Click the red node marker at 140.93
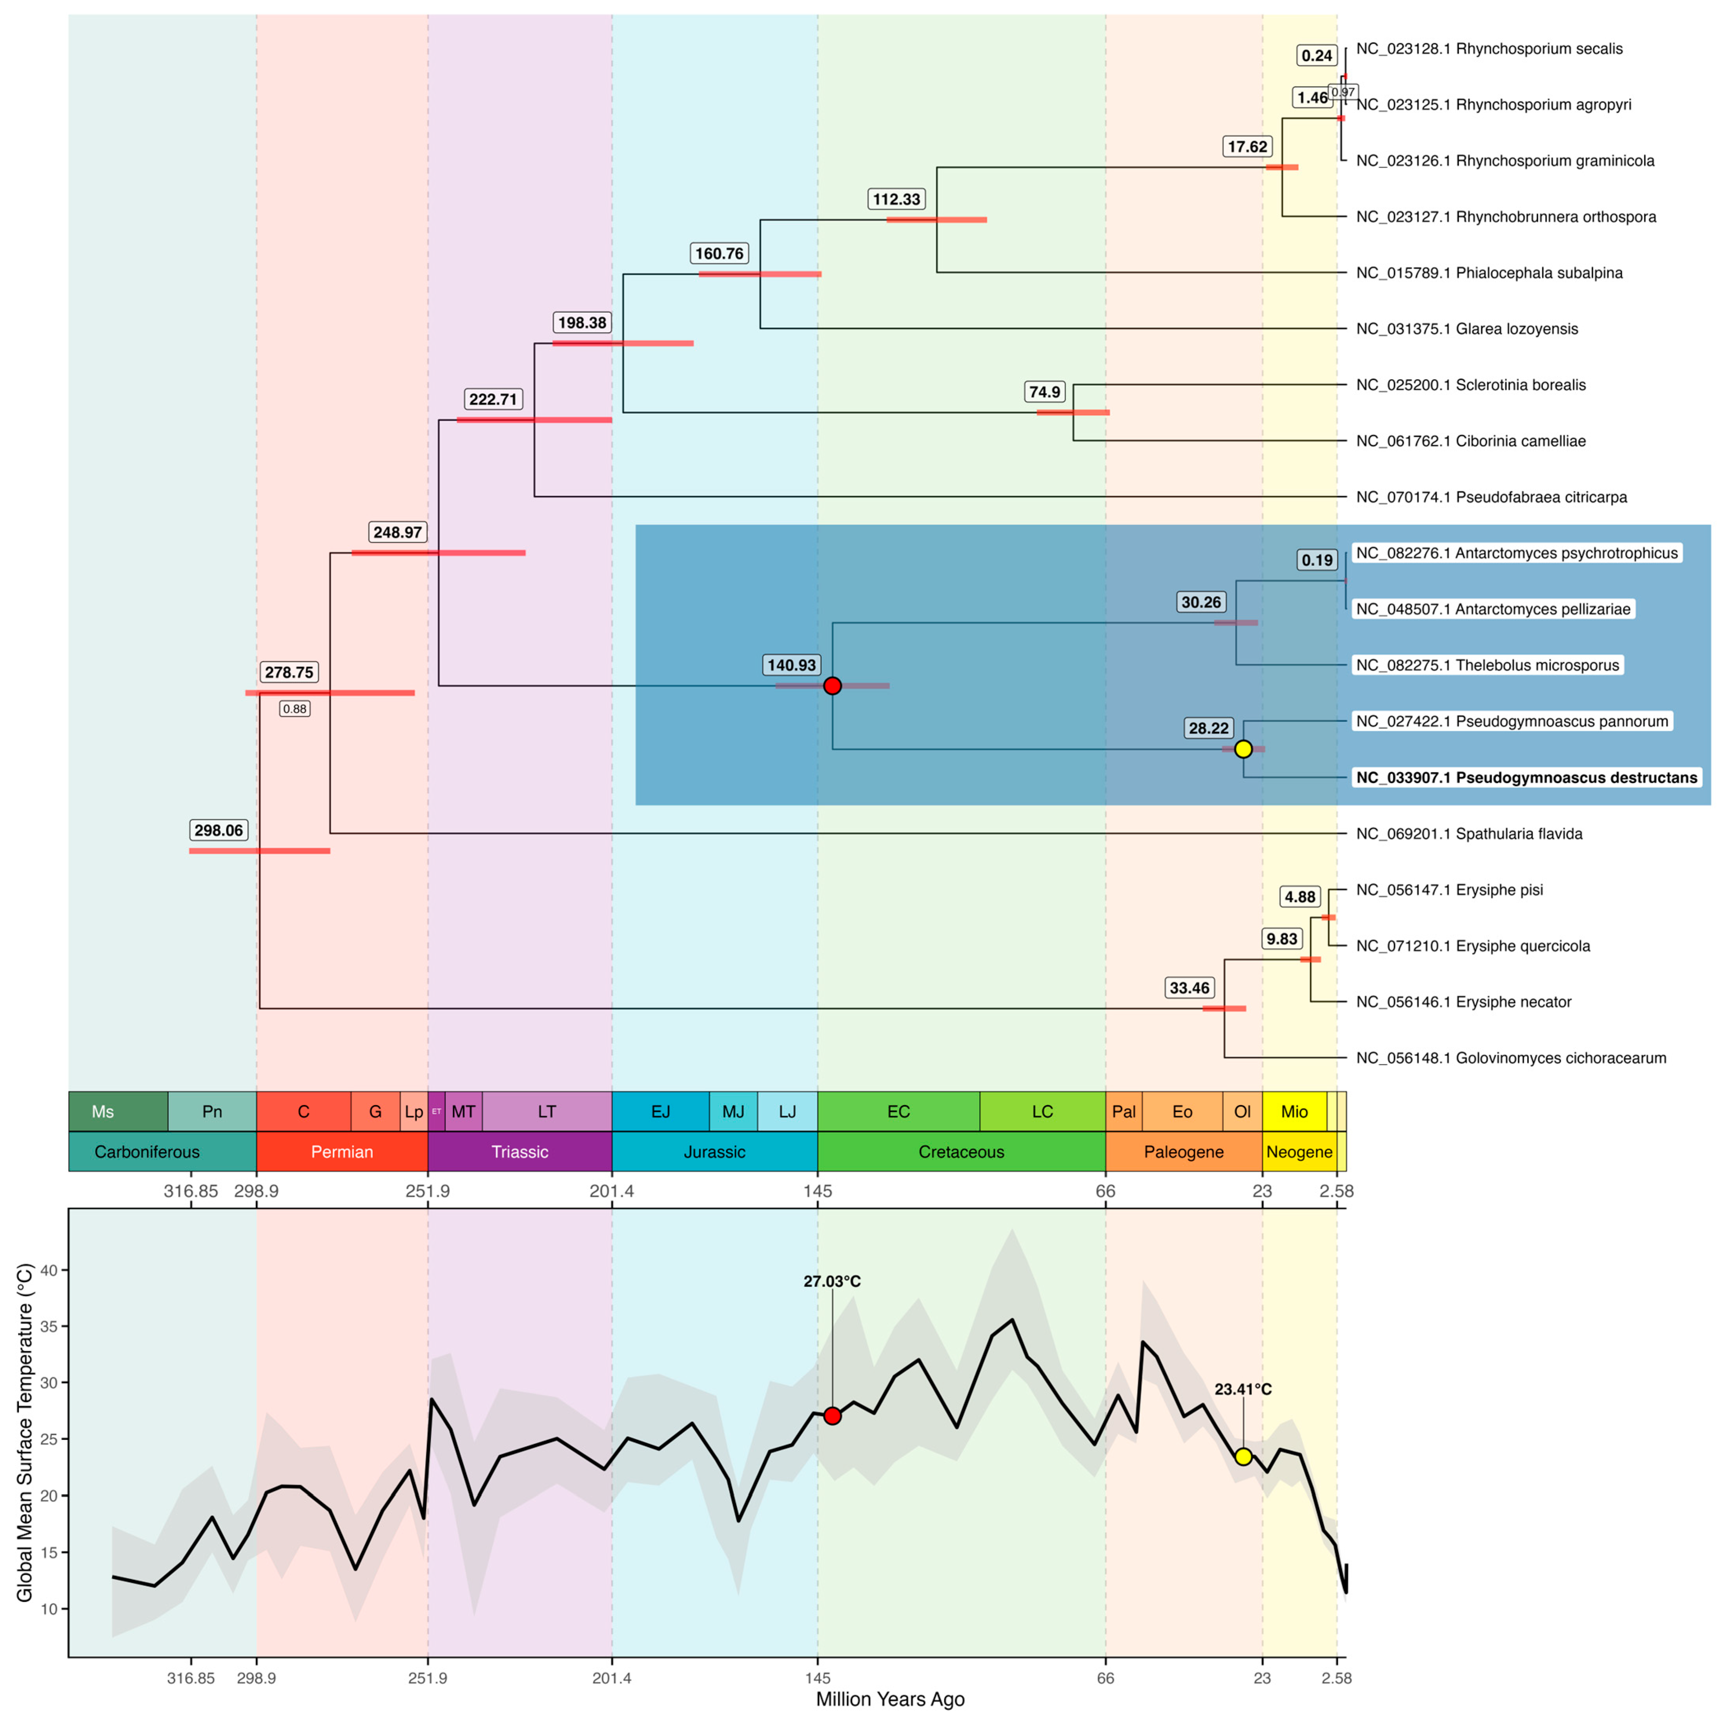(x=832, y=685)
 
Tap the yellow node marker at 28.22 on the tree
(x=1242, y=749)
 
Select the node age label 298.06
(x=219, y=830)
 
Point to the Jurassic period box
(x=714, y=1152)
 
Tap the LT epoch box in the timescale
(x=546, y=1112)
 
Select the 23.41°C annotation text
(x=1242, y=1390)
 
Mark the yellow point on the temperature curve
(x=1242, y=1457)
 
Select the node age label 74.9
(x=1044, y=392)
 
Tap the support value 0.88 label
(x=295, y=709)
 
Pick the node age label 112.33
(x=896, y=199)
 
